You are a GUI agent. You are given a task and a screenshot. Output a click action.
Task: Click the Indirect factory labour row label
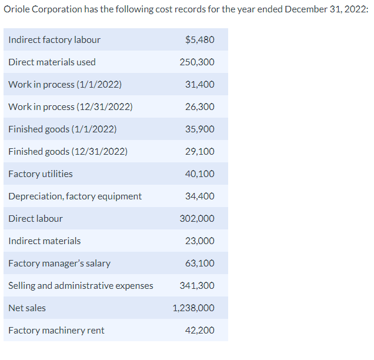54,40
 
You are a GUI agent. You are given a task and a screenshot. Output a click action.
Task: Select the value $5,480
199,40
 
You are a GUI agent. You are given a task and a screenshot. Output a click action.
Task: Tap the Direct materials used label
52,62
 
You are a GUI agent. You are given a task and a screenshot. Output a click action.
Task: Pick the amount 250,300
197,62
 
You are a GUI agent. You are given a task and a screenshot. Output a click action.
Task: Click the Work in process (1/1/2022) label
65,85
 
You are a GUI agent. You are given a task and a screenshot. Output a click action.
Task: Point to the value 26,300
199,107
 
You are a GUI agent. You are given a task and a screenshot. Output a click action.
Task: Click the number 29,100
199,152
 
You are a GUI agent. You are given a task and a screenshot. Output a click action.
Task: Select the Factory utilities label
41,174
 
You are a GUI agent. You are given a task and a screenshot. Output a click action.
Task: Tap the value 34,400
199,196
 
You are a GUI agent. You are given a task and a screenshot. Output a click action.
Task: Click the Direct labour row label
35,219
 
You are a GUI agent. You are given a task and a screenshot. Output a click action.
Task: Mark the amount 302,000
197,219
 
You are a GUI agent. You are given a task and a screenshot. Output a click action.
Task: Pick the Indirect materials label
45,241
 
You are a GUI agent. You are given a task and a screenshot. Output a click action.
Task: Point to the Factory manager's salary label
59,264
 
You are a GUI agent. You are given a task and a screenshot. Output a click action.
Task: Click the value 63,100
199,264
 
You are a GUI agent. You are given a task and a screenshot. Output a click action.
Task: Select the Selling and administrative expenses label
81,286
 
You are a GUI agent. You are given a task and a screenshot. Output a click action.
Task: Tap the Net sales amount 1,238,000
193,308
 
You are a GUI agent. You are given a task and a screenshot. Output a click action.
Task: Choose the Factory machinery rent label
56,331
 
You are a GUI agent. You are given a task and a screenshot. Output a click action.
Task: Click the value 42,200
199,331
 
